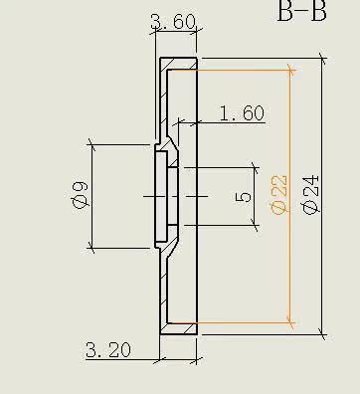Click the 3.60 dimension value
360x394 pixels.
[x=173, y=22]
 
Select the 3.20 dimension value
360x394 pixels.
[x=108, y=350]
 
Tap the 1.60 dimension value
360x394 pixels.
[x=242, y=113]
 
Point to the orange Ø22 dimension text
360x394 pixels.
[x=278, y=195]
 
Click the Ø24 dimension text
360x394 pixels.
[x=311, y=195]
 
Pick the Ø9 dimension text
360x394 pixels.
[x=81, y=196]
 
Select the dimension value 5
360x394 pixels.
[x=244, y=197]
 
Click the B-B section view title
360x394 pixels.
[x=301, y=11]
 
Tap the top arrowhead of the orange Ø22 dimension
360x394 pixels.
[x=291, y=71]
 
